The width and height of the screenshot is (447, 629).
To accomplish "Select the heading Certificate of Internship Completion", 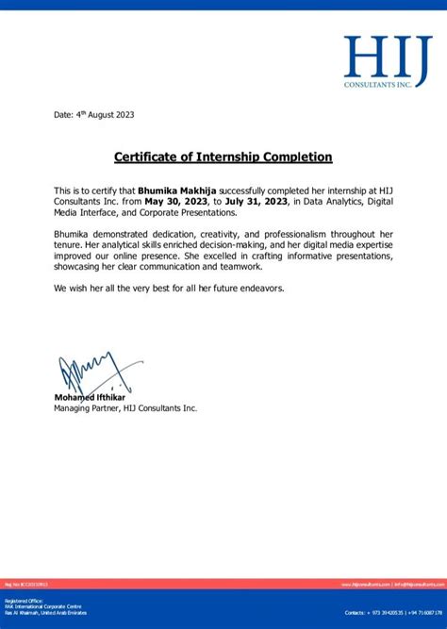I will pos(223,157).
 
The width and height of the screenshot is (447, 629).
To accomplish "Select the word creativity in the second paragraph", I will pos(215,232).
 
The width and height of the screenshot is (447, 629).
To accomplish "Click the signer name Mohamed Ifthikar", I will pos(90,397).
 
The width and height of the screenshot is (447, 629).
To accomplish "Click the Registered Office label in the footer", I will pos(23,600).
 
